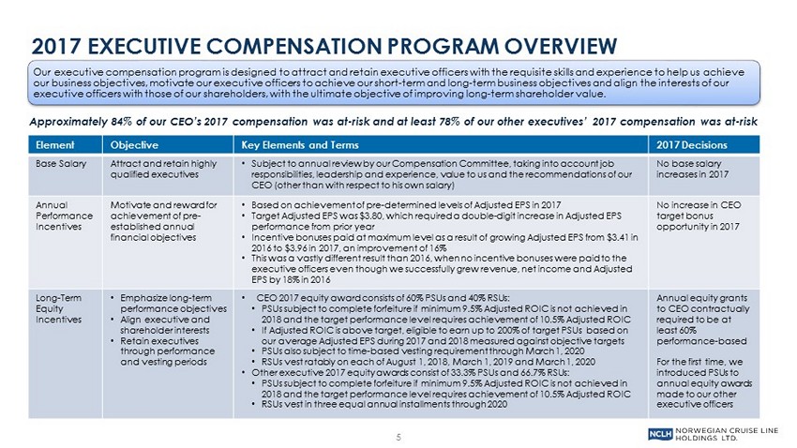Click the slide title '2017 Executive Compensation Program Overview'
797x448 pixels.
click(323, 45)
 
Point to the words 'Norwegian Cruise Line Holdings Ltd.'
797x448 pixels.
click(729, 432)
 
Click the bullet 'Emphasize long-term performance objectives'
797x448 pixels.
click(173, 303)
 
